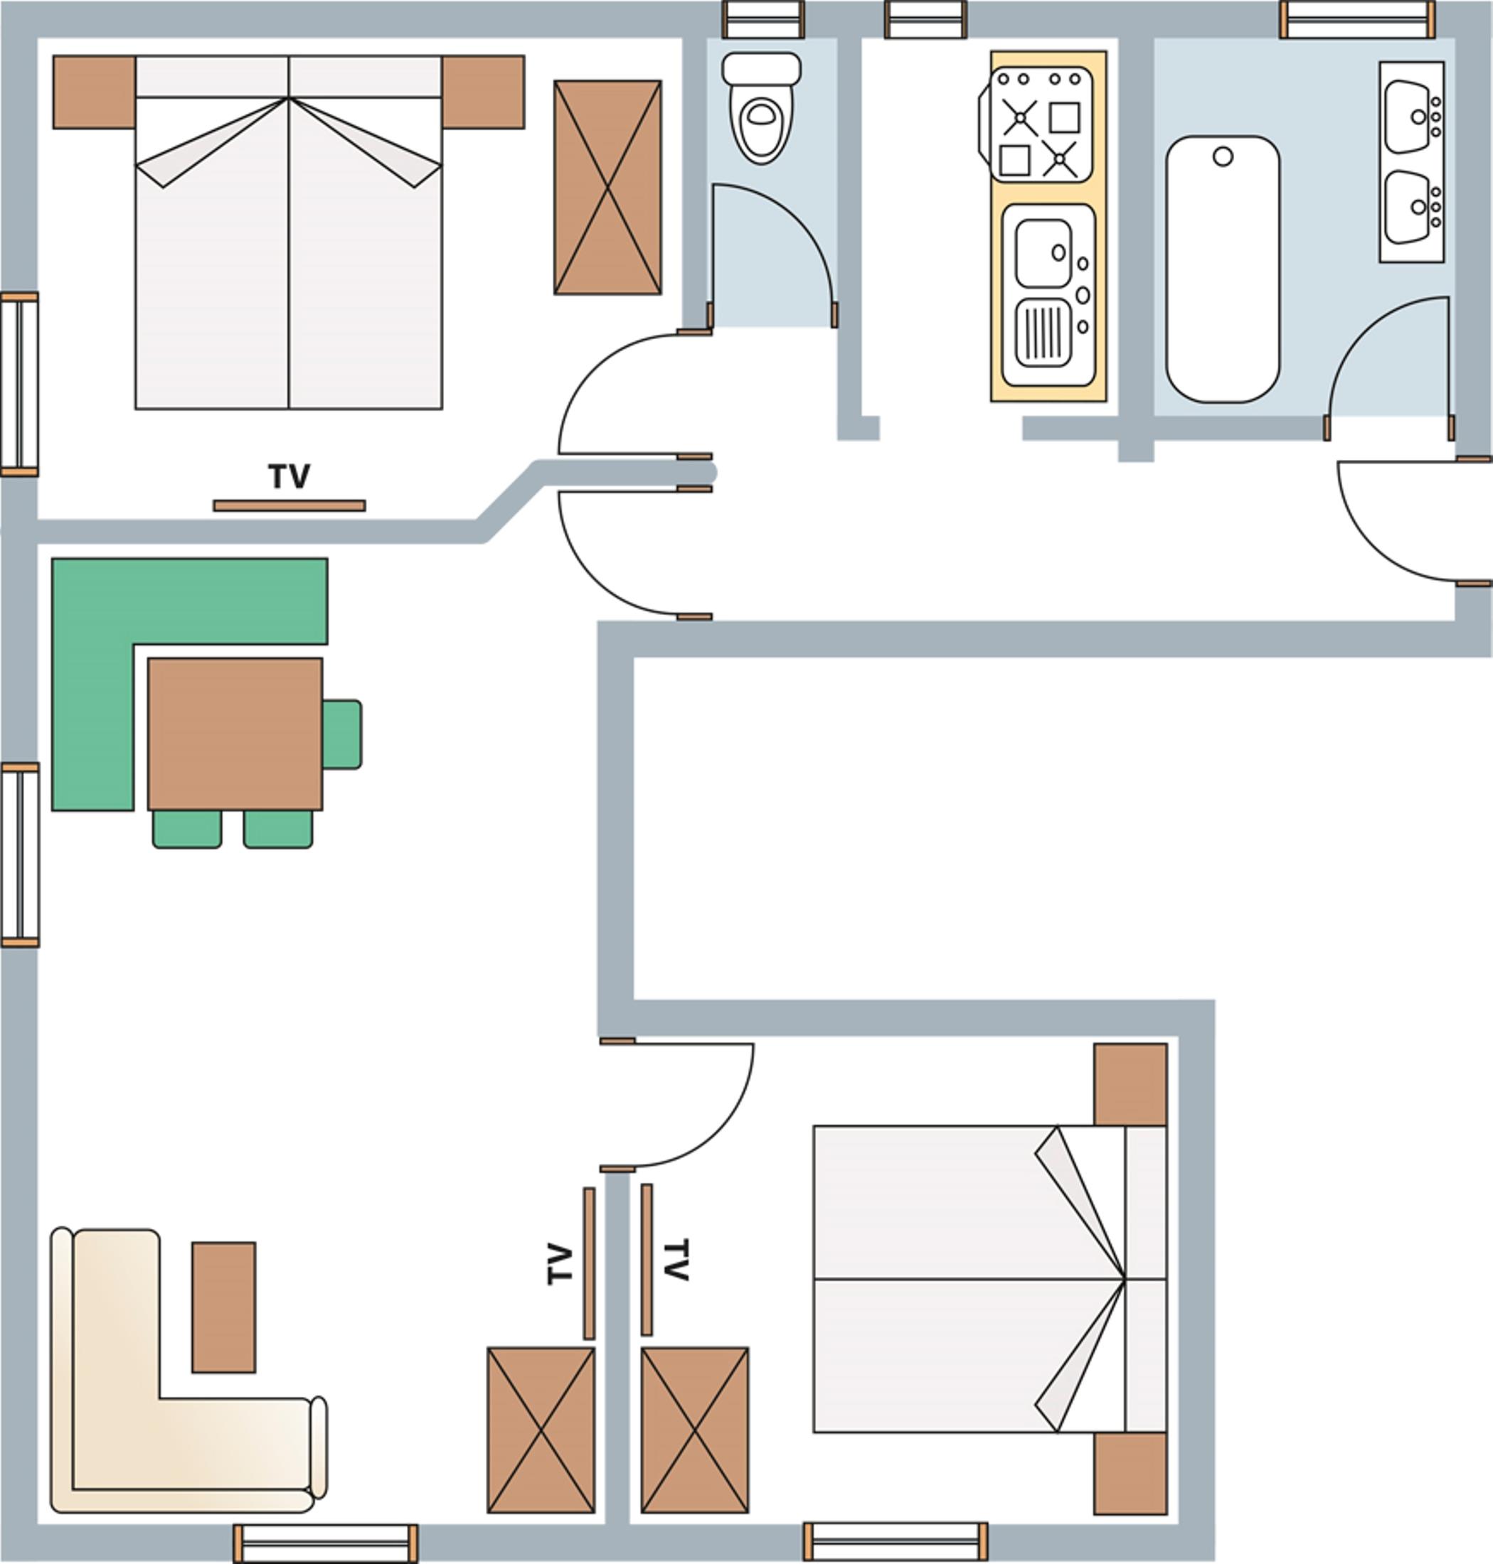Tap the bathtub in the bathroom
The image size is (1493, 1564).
pyautogui.click(x=1223, y=269)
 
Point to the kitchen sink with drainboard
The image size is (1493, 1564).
pyautogui.click(x=1048, y=295)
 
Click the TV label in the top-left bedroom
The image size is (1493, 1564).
pyautogui.click(x=289, y=476)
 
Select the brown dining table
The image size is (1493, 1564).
pyautogui.click(x=235, y=734)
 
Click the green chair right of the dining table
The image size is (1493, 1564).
pyautogui.click(x=342, y=734)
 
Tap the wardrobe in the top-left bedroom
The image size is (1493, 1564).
pyautogui.click(x=607, y=187)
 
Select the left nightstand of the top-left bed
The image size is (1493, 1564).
pyautogui.click(x=94, y=92)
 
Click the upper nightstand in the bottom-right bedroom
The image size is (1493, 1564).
pyautogui.click(x=1130, y=1084)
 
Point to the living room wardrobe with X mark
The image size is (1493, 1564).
pyautogui.click(x=541, y=1430)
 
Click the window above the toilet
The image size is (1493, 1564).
pyautogui.click(x=763, y=19)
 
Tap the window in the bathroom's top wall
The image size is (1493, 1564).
pyautogui.click(x=1358, y=19)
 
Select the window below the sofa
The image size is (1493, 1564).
pyautogui.click(x=326, y=1543)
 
